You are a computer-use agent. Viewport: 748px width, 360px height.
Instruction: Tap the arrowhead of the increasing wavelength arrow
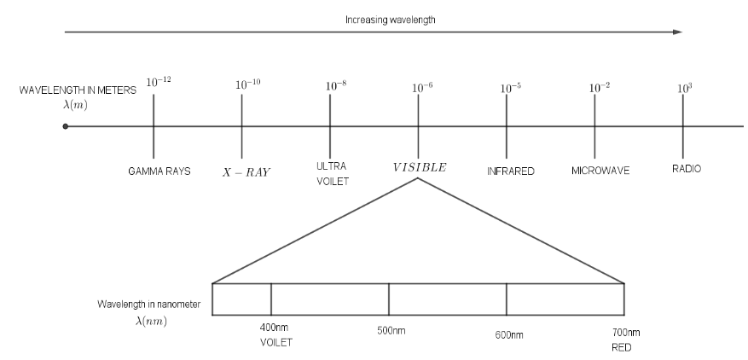point(679,32)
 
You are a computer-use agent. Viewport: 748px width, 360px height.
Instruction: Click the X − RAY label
point(246,171)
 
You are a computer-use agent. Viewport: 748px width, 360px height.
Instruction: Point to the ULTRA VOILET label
point(333,174)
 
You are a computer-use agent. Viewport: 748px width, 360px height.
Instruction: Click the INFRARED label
point(510,171)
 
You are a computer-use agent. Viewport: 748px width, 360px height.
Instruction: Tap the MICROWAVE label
point(600,171)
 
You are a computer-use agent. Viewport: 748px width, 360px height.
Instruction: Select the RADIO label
point(687,169)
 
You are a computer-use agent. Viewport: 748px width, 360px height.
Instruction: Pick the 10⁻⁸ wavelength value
point(337,86)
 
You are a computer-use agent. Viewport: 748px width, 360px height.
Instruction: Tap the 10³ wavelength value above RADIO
point(684,87)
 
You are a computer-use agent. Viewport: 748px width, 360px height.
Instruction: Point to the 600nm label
point(507,335)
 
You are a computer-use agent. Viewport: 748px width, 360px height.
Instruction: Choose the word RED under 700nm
point(620,348)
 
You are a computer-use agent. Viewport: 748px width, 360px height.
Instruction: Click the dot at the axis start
point(66,126)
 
